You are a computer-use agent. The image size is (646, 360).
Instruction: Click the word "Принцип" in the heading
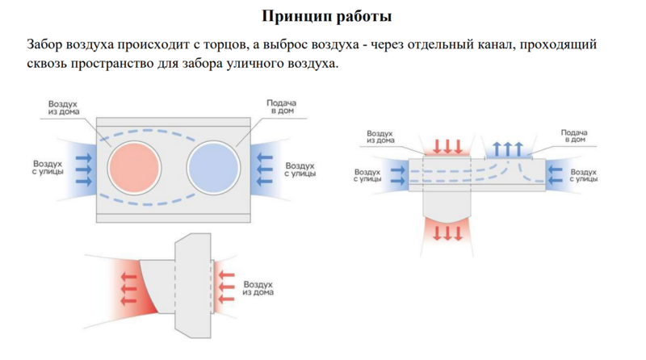(293, 16)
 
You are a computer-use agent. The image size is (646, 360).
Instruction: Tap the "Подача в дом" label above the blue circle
(281, 107)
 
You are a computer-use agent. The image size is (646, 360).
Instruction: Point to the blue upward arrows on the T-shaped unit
(507, 148)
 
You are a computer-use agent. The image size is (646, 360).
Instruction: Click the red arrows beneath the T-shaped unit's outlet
(447, 233)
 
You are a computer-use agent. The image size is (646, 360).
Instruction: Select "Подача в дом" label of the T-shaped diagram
(573, 135)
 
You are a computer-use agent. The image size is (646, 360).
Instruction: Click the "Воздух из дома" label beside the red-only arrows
(258, 288)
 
